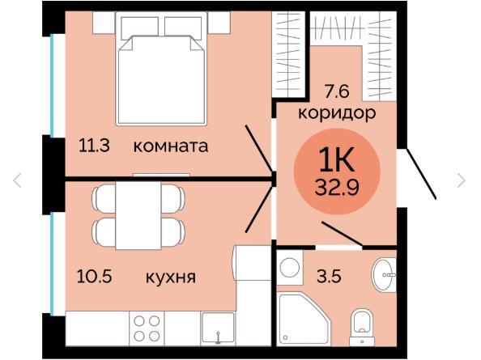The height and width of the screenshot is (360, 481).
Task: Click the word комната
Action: click(171, 146)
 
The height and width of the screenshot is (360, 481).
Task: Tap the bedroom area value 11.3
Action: click(94, 146)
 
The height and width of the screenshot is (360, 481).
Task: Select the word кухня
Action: click(171, 277)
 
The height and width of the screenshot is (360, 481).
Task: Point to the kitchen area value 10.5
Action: click(95, 277)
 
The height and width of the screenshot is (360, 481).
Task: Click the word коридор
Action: click(337, 114)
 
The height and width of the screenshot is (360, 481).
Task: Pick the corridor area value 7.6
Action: click(337, 91)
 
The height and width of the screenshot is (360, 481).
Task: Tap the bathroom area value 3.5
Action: click(330, 277)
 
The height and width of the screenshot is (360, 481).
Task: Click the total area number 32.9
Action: click(337, 187)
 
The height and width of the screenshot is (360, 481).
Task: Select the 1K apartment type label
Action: click(337, 159)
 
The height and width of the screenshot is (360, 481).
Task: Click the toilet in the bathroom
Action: click(362, 327)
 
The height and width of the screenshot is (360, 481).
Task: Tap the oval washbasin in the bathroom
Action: click(384, 275)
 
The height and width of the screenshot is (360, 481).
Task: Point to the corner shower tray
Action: click(304, 320)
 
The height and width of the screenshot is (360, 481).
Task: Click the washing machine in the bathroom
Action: click(290, 268)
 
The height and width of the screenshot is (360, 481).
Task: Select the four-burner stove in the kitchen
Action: click(147, 328)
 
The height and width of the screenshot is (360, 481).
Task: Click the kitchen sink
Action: click(218, 328)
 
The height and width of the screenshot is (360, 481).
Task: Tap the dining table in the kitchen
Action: click(138, 215)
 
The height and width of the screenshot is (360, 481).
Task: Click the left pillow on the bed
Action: click(140, 28)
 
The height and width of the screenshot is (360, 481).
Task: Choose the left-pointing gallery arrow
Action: click(17, 180)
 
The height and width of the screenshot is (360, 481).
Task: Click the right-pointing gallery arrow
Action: click(461, 180)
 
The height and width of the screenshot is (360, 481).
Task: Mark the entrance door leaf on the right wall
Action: click(421, 174)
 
